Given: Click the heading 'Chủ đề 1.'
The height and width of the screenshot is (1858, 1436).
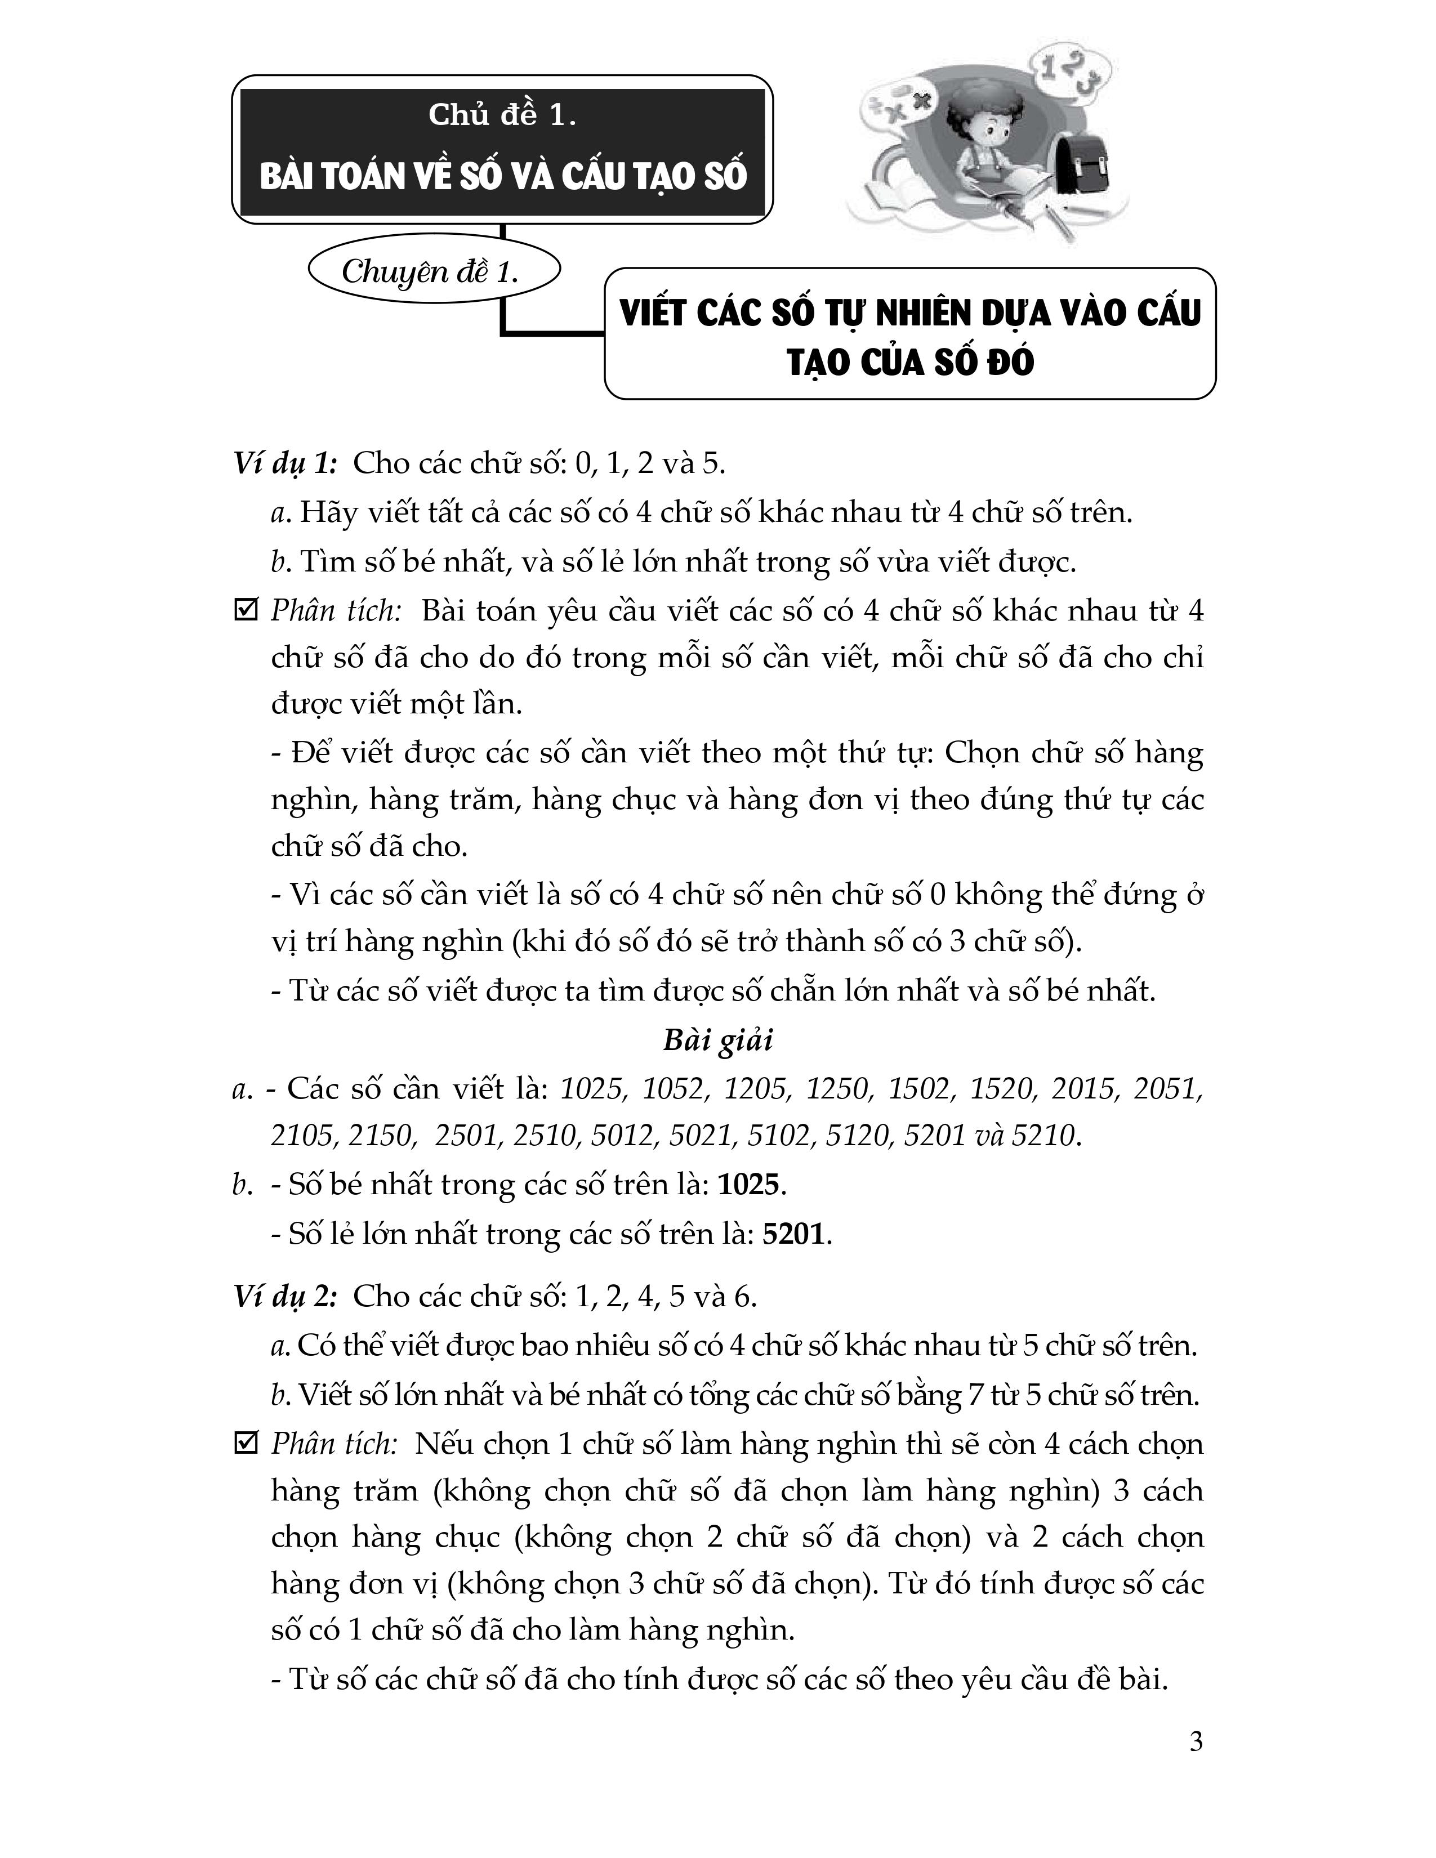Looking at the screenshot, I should click(x=502, y=115).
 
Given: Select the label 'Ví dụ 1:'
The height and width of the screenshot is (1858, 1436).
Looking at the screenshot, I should click(x=286, y=463).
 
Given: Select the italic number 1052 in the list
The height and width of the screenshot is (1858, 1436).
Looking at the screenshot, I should click(x=673, y=1089).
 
